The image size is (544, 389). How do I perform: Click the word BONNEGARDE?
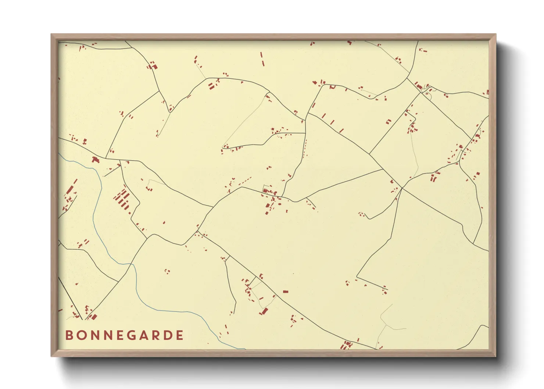point(125,335)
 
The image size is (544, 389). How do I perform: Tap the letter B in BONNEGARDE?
point(69,335)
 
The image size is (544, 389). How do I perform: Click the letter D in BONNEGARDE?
point(168,335)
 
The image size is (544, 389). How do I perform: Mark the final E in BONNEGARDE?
point(180,335)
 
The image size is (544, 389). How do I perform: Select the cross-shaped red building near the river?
point(96,160)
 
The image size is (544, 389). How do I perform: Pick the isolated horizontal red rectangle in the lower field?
point(285,292)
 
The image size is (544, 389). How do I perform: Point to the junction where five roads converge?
point(402,188)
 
